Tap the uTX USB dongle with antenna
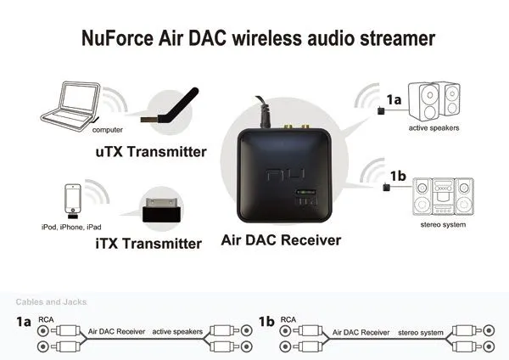click(x=171, y=110)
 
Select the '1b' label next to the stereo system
click(x=397, y=177)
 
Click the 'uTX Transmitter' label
click(x=163, y=153)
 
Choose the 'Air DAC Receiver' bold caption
click(x=280, y=240)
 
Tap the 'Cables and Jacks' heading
click(x=50, y=301)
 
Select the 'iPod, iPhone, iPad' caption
click(x=71, y=228)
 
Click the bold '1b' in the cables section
click(x=266, y=322)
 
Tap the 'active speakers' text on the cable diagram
click(x=179, y=334)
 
